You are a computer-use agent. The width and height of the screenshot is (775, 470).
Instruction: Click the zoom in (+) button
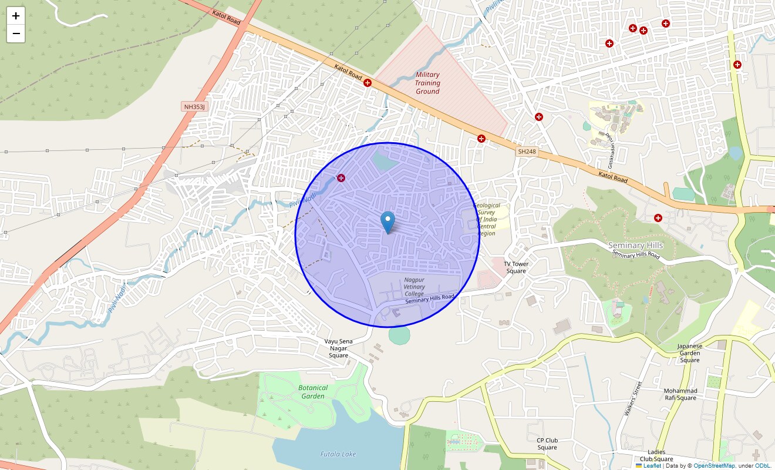coord(16,16)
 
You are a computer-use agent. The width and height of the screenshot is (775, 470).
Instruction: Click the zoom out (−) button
coord(16,34)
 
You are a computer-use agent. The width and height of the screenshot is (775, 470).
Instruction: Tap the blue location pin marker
coord(387,222)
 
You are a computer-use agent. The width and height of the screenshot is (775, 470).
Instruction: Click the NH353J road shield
coord(195,106)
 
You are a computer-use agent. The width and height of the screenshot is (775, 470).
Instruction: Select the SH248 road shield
coord(527,152)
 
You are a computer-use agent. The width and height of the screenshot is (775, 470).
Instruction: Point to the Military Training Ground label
coord(427,83)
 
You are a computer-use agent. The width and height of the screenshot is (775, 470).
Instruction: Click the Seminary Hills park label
coord(635,245)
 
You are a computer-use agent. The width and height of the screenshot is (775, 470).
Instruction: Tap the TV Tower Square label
coord(516,267)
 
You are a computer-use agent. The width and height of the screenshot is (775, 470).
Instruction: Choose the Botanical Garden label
coord(313,392)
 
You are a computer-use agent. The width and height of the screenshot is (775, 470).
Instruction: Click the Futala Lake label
coord(338,454)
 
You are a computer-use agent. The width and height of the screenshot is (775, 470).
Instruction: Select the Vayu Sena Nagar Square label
coord(338,348)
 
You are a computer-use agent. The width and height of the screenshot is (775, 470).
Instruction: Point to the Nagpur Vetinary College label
coord(414,287)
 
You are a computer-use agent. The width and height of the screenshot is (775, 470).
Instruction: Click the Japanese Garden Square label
coord(690,353)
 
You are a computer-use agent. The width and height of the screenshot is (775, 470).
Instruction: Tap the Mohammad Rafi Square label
coord(680,394)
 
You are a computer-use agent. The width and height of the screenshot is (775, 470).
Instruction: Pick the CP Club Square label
coord(547,444)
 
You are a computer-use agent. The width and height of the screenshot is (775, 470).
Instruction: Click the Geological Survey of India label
coord(487,219)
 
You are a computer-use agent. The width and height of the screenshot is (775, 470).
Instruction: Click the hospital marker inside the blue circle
coord(341,177)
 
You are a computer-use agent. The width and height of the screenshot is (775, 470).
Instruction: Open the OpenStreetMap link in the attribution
coord(714,466)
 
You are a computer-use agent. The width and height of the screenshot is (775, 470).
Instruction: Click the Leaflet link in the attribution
coord(652,466)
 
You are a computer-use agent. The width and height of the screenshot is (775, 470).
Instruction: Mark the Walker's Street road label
coord(634,399)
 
